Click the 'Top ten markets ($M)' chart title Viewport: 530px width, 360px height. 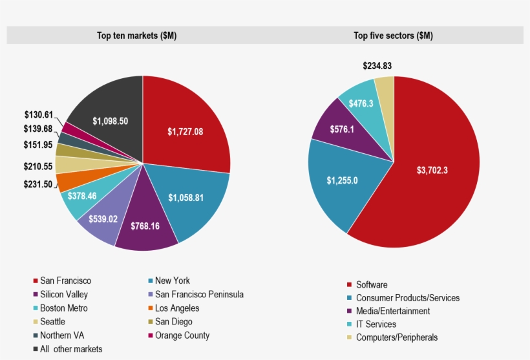136,36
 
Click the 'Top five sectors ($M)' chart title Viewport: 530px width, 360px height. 393,36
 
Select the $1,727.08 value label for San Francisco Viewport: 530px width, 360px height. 185,132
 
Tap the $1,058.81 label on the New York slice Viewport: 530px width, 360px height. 186,198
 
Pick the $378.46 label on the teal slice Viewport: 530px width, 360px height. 81,195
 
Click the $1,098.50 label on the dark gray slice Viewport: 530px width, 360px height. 110,121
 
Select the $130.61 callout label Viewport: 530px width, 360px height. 38,114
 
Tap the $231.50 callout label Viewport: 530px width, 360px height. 38,184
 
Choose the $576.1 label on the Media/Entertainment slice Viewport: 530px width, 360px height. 343,129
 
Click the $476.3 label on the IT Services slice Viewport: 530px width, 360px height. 361,103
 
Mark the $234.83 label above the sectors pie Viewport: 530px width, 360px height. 377,66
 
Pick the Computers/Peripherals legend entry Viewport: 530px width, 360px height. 401,337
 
